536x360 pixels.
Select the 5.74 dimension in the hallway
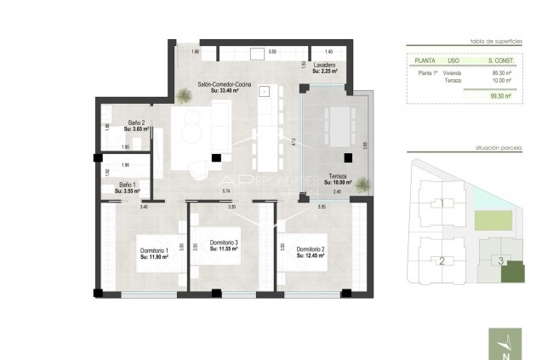click(226, 193)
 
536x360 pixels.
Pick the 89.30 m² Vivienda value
click(499, 73)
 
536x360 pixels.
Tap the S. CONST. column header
click(499, 61)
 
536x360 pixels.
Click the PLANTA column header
click(425, 61)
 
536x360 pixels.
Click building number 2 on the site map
click(441, 260)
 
